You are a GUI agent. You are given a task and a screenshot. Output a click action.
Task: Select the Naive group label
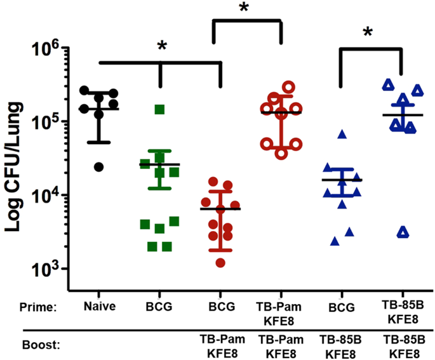[x=98, y=307]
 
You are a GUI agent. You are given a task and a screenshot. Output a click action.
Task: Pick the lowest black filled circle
[x=99, y=167]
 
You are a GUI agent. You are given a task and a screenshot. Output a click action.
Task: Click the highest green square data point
[x=160, y=109]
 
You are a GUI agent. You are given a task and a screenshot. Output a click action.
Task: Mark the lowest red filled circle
[x=220, y=262]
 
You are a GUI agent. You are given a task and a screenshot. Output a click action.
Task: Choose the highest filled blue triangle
[x=342, y=134]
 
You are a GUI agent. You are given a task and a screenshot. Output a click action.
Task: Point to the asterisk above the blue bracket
[x=368, y=32]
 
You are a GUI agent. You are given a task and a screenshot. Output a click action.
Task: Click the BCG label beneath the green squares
[x=160, y=307]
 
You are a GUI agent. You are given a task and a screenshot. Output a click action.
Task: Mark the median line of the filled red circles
[x=220, y=209]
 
